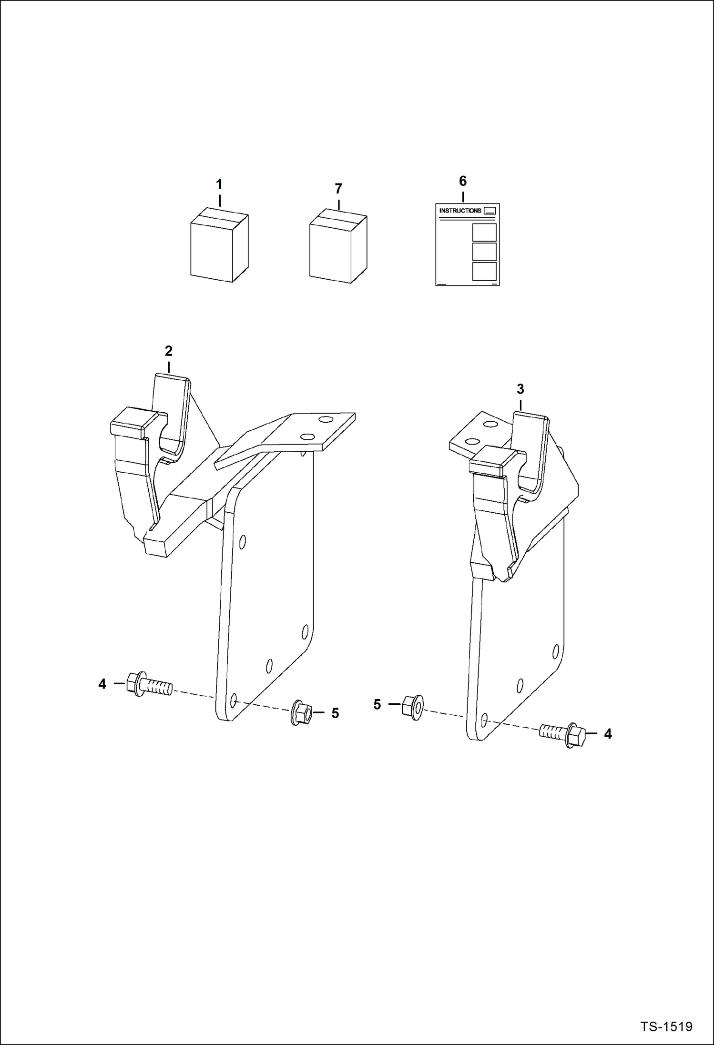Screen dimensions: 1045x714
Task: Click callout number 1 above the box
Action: click(219, 184)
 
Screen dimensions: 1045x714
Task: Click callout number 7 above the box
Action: click(338, 189)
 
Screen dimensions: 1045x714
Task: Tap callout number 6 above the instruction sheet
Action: click(462, 181)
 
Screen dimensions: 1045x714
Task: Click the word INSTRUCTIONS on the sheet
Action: click(460, 211)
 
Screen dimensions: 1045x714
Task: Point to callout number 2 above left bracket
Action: click(168, 351)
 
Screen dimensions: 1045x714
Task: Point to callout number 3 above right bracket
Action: click(520, 389)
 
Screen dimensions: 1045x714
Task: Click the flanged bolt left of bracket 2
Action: click(148, 685)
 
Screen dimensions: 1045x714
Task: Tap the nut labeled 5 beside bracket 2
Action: click(301, 713)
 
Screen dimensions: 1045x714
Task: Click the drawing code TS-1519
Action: click(666, 1026)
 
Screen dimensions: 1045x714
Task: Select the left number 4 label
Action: click(102, 684)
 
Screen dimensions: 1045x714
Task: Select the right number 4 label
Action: click(608, 734)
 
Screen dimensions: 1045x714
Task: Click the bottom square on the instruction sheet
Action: click(484, 271)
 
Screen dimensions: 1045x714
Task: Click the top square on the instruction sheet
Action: click(484, 233)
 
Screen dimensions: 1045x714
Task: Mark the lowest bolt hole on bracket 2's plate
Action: click(233, 700)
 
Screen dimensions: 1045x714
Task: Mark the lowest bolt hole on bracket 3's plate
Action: click(484, 718)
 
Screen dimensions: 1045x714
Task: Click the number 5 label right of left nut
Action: click(335, 713)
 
